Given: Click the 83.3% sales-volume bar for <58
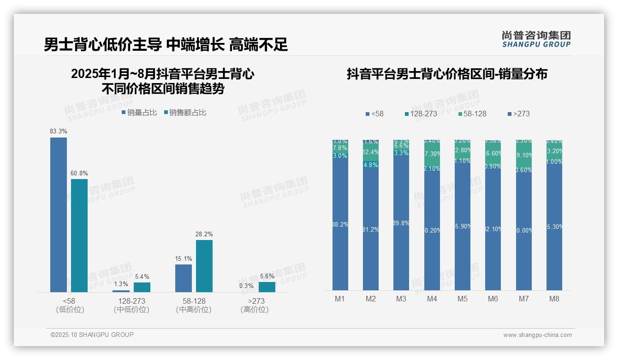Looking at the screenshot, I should tap(59, 215).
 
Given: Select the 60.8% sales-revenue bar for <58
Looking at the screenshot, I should tap(79, 235).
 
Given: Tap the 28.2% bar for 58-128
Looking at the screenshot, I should tap(204, 266).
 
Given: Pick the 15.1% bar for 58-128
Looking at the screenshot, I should tap(184, 278).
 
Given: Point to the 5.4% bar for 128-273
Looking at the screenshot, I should tap(142, 287).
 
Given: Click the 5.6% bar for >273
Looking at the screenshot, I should tap(267, 287).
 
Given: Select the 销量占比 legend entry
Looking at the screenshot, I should tap(139, 112).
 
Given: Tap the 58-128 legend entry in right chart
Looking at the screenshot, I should tap(473, 114).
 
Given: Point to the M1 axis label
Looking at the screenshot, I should tap(340, 299).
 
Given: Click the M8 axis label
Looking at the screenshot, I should tap(554, 299).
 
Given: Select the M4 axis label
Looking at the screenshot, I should tap(432, 299).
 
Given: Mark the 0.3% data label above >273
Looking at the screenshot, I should tap(246, 286).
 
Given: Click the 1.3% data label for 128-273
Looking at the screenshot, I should tap(121, 284).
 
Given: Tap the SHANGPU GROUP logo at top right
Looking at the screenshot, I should tap(536, 39).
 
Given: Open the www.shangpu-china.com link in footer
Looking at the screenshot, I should tap(537, 335).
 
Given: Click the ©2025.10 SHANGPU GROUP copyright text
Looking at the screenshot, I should tap(92, 335).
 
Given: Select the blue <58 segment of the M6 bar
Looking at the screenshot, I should tap(493, 231).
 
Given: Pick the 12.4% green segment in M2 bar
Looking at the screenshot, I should tap(371, 152).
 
